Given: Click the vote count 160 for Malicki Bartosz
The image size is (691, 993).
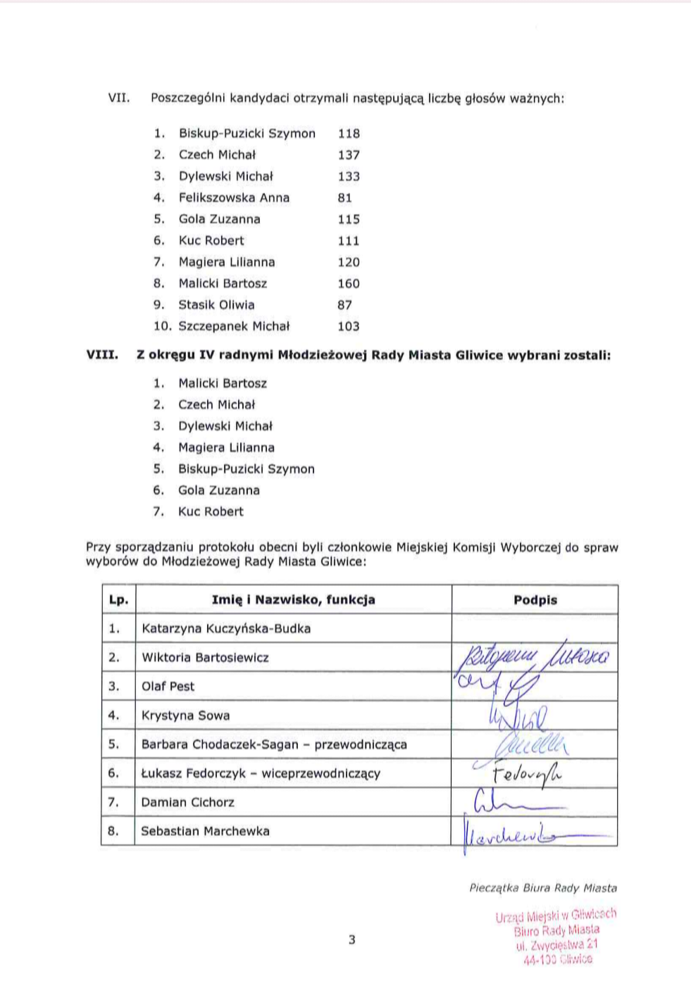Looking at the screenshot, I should [x=349, y=284].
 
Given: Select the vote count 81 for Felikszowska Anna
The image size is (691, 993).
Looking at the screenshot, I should [x=344, y=198].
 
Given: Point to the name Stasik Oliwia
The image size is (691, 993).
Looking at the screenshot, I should [x=216, y=305].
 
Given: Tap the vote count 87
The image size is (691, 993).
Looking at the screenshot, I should [x=344, y=305].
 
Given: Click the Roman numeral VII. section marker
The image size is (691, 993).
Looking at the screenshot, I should [x=118, y=98].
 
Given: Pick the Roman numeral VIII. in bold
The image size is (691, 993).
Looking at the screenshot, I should [x=102, y=355].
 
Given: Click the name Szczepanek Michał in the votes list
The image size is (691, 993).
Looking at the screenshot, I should [x=234, y=326].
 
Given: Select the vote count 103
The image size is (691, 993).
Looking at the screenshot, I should [x=349, y=326].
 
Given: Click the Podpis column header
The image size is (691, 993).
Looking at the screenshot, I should [x=535, y=600].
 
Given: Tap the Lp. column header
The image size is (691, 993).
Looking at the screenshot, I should [x=118, y=600].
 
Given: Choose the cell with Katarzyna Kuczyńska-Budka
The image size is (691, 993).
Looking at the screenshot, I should [x=226, y=628].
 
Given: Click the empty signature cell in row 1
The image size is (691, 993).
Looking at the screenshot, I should [x=535, y=628].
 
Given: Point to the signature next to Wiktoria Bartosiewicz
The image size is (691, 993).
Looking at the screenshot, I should [x=533, y=657].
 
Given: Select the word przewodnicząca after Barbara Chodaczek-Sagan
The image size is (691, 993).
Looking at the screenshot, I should [x=361, y=744].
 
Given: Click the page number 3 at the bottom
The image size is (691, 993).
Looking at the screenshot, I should [x=352, y=939].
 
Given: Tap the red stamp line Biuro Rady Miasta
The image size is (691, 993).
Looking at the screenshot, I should [x=556, y=930].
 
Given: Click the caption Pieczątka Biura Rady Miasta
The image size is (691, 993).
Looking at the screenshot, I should [x=543, y=888].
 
